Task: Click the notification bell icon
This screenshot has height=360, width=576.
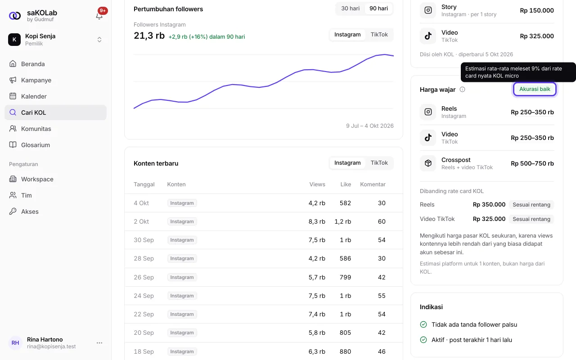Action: pos(99,16)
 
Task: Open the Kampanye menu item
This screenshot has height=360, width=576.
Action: pos(36,80)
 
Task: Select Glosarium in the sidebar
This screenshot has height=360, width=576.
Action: pos(35,145)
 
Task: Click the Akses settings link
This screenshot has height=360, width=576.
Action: pos(30,211)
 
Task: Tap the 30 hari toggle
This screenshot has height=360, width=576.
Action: pos(350,9)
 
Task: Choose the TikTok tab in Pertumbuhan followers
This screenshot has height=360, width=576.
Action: pos(379,35)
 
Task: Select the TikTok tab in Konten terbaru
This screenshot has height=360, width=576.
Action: pos(379,163)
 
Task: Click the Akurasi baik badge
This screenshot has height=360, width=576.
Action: pos(535,89)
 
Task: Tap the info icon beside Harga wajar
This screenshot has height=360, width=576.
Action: pos(462,90)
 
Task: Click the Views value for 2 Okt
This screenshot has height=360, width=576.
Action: pos(317,222)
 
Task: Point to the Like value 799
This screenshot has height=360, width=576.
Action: pos(345,278)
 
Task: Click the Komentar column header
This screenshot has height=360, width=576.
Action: pos(373,184)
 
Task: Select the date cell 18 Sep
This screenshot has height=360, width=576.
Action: pos(144,351)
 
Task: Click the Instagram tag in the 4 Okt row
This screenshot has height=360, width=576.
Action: pos(182,203)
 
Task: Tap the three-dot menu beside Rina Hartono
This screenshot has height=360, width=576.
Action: pos(99,343)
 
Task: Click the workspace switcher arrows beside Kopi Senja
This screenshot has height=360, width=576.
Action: pos(99,40)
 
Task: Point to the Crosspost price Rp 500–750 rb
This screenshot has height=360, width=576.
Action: pos(532,163)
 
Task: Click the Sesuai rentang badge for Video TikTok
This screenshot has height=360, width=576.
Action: pos(531,219)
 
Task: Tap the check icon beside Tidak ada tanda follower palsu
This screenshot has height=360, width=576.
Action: pos(423,325)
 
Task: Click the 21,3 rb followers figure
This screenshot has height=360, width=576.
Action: pos(149,36)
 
